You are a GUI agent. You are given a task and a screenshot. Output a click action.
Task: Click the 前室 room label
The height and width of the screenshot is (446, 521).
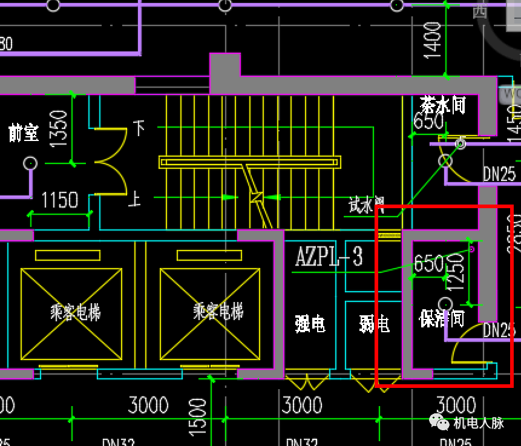coord(24,133)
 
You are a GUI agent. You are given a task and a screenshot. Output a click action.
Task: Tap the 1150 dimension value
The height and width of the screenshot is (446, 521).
coord(59,200)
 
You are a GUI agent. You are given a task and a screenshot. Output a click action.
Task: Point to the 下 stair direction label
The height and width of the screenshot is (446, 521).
coord(139,128)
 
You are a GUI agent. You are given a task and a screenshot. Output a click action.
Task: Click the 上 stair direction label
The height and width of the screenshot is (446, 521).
coord(135,197)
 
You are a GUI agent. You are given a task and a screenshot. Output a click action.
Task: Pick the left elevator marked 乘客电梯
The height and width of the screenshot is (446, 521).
coord(76,313)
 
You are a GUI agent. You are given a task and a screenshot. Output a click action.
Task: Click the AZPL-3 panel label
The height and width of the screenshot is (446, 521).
coord(329,257)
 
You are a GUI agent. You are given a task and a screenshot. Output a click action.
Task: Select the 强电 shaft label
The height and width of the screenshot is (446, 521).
coord(310,324)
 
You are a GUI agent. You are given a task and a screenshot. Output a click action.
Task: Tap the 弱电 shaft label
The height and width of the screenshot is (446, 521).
coord(374,324)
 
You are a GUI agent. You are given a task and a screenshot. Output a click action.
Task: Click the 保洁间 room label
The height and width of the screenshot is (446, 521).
coord(441,318)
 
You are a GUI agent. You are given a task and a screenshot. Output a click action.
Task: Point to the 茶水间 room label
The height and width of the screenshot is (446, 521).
coord(444,105)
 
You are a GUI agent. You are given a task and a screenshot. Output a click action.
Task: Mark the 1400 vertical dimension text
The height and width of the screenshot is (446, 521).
coord(433,41)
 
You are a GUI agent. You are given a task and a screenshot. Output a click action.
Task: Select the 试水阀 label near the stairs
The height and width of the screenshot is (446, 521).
coord(367,206)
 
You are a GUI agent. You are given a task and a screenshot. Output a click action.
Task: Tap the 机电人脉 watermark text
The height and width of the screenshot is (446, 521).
coord(479,423)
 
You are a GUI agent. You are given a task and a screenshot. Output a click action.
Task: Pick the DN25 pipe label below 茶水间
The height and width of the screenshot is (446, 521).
coord(499,174)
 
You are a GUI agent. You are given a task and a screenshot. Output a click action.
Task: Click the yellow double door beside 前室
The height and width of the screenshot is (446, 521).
coord(111,162)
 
